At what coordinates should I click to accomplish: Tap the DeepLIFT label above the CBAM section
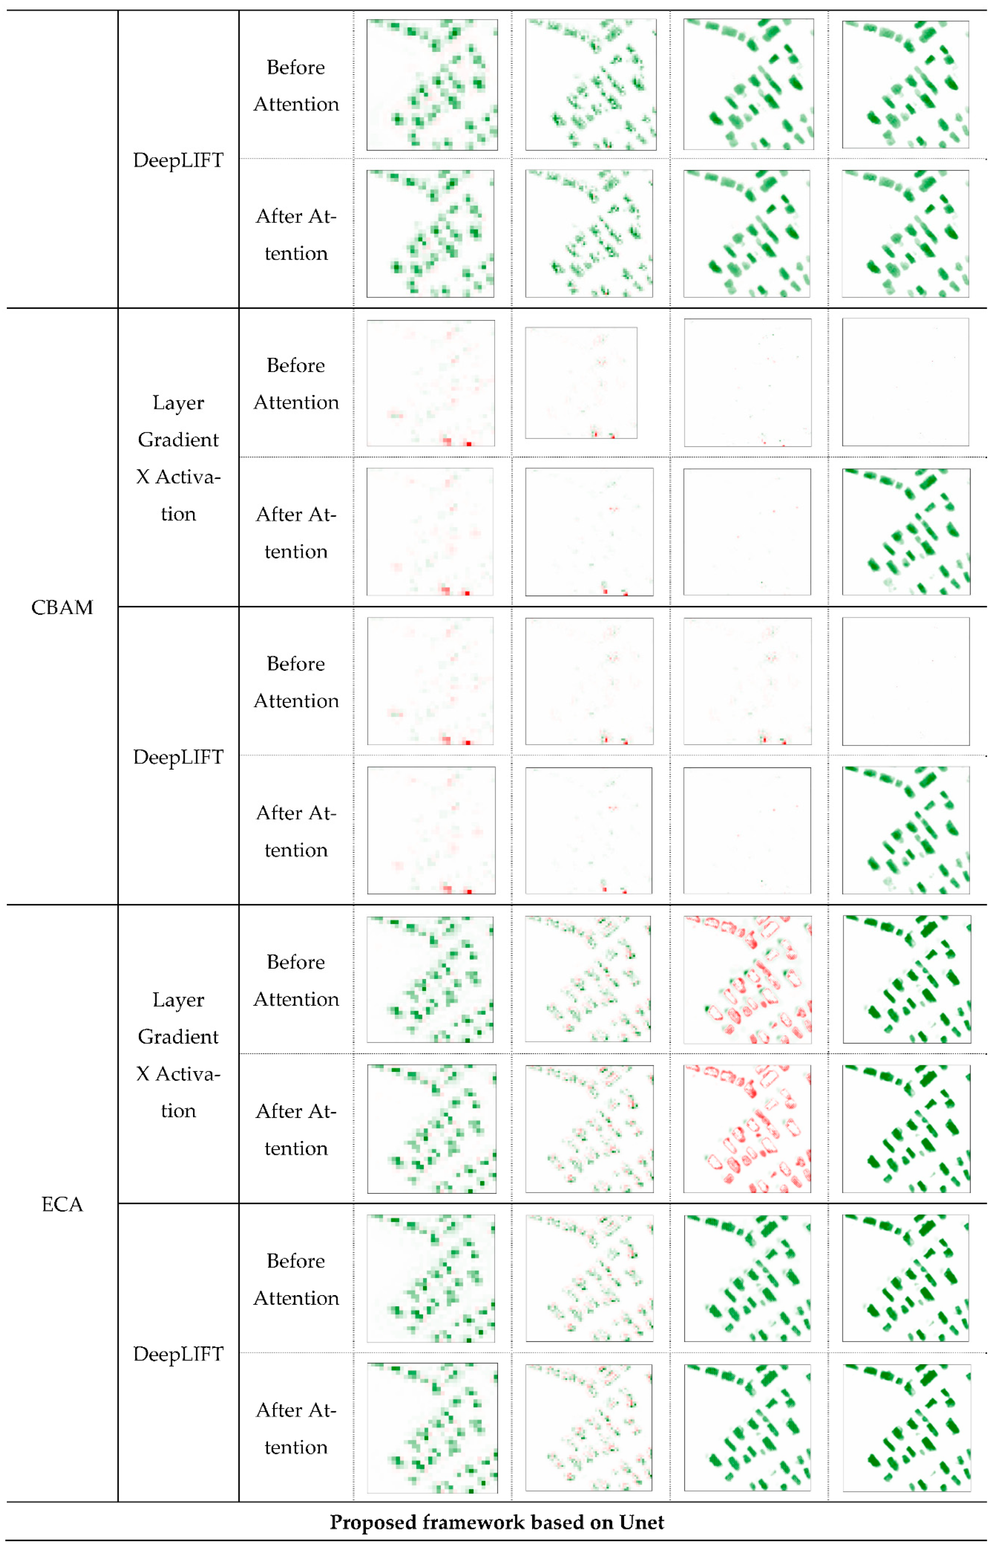click(178, 160)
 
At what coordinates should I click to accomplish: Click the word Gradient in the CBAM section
click(178, 440)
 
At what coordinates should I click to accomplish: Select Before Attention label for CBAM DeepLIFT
click(296, 682)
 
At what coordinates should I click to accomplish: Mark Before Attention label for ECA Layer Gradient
click(296, 981)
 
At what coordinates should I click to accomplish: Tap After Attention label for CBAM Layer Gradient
click(296, 533)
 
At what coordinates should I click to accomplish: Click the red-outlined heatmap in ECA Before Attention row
click(747, 979)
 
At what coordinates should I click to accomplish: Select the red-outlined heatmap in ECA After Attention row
click(747, 1128)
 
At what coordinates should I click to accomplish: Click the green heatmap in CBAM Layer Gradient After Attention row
click(906, 532)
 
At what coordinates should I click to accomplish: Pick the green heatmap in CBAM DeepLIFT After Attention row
click(906, 830)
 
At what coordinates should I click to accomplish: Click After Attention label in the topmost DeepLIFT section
click(296, 235)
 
